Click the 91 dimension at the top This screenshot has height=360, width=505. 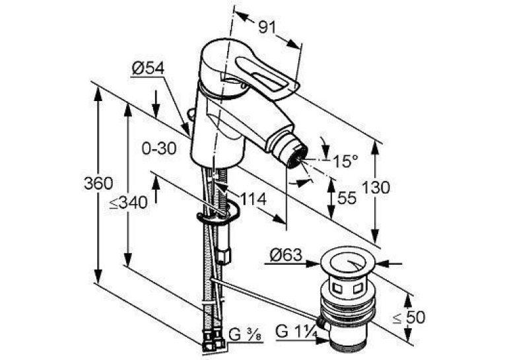click(x=267, y=28)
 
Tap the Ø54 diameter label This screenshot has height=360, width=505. click(x=148, y=68)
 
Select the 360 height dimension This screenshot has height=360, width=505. click(x=98, y=184)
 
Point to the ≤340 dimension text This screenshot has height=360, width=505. click(x=128, y=203)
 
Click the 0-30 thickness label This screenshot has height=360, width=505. click(x=159, y=149)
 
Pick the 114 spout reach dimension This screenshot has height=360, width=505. click(x=253, y=199)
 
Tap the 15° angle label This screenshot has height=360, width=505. click(x=345, y=161)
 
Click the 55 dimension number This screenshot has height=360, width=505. click(x=347, y=198)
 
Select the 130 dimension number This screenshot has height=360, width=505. click(x=376, y=187)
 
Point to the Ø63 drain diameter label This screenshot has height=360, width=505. click(x=286, y=255)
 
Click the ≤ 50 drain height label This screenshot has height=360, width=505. click(x=409, y=318)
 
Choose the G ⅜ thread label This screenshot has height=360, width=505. click(x=245, y=335)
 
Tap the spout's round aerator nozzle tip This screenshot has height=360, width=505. click(x=296, y=156)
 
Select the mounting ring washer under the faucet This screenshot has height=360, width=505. click(x=218, y=213)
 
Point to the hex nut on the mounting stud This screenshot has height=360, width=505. click(x=224, y=255)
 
